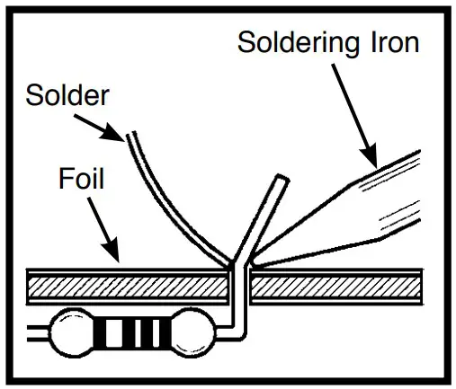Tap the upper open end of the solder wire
(x=130, y=134)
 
